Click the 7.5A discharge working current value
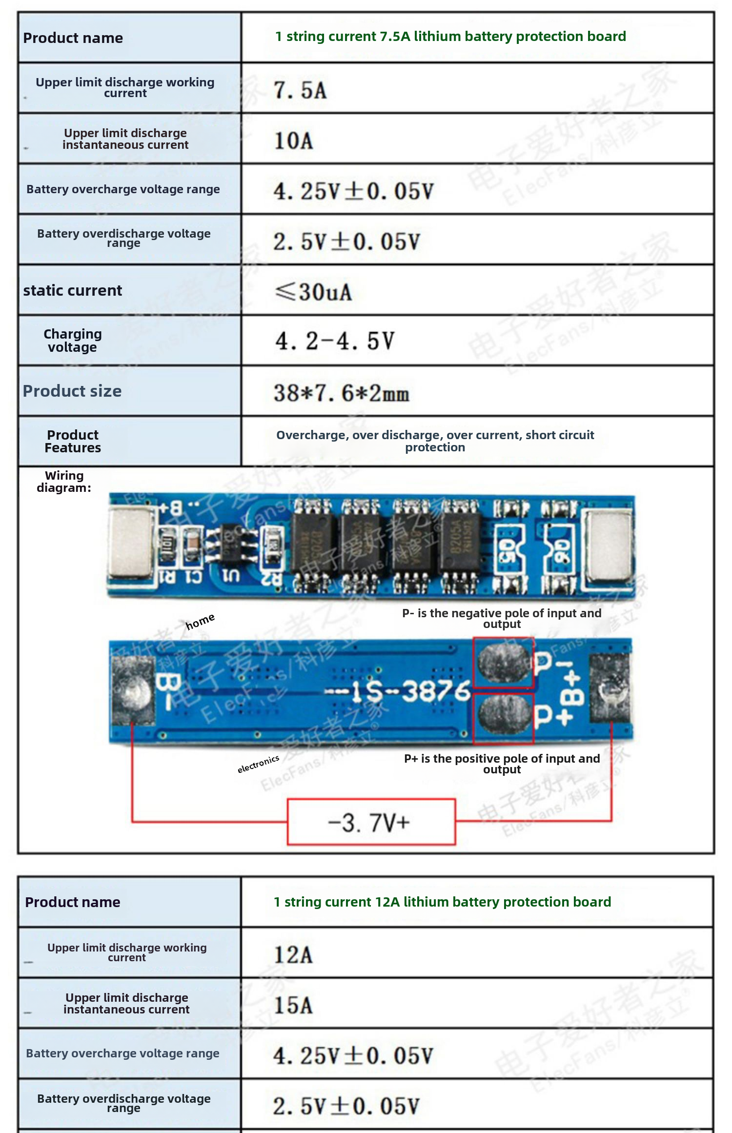point(300,90)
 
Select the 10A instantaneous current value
point(293,141)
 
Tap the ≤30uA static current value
point(313,292)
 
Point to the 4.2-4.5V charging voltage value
point(335,341)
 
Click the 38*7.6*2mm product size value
point(341,393)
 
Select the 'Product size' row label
point(72,391)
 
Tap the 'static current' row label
point(72,291)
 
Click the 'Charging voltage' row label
point(72,341)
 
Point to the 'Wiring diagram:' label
point(64,482)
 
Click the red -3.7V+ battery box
point(371,822)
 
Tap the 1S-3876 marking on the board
point(398,691)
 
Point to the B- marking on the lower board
point(164,691)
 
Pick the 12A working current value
point(293,954)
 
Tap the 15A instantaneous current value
point(293,1005)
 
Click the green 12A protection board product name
point(442,902)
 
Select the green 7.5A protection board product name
point(450,37)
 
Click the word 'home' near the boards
point(200,622)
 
